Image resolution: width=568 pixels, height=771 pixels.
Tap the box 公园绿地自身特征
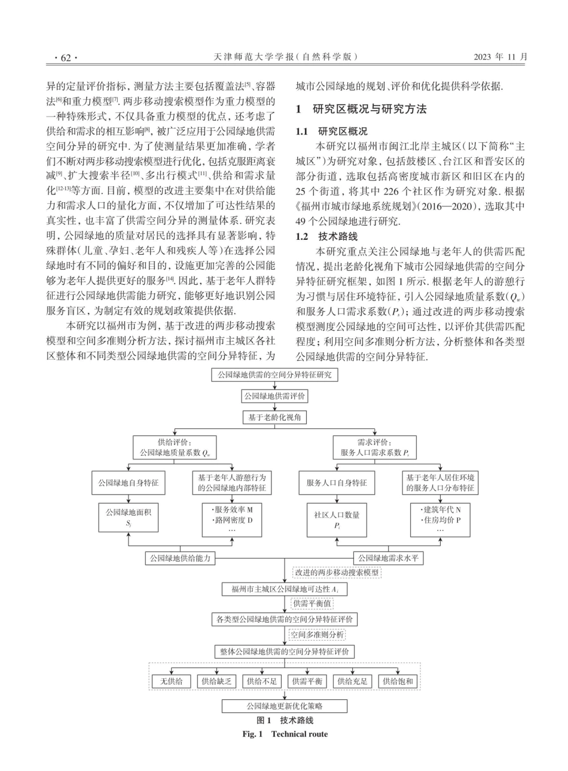pos(128,483)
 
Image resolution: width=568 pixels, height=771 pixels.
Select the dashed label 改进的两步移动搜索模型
pos(337,572)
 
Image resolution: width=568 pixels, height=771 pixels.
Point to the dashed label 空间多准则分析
pos(317,635)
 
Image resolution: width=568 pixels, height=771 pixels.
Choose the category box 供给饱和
pos(398,681)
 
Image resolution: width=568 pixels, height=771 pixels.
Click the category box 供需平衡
pos(307,681)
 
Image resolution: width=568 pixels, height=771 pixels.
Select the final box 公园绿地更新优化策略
pos(285,706)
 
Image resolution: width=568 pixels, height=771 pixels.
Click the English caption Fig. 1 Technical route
pos(285,734)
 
